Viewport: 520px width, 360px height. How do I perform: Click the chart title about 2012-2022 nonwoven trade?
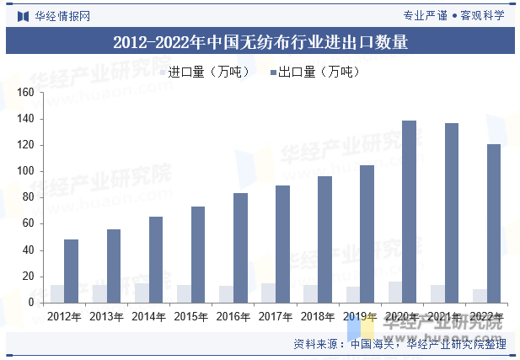260,41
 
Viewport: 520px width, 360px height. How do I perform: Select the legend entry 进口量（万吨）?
204,72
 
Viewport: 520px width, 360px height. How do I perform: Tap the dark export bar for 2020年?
409,211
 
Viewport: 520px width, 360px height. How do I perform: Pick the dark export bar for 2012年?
71,271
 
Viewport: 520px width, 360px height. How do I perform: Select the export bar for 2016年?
240,247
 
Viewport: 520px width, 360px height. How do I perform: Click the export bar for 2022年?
493,223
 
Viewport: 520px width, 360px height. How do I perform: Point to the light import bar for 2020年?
394,292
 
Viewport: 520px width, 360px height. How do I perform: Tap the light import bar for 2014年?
142,293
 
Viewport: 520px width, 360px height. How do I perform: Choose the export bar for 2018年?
324,239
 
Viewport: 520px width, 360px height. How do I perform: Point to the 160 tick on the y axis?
24,93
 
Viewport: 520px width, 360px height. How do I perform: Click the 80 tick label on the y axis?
28,197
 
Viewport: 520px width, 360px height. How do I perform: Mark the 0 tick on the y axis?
30,302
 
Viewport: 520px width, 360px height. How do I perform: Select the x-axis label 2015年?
190,316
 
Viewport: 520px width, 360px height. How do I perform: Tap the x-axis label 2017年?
275,316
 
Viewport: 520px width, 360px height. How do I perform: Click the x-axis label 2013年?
106,316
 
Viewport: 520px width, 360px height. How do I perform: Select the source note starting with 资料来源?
399,344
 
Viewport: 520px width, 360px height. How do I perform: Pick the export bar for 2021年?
451,212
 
